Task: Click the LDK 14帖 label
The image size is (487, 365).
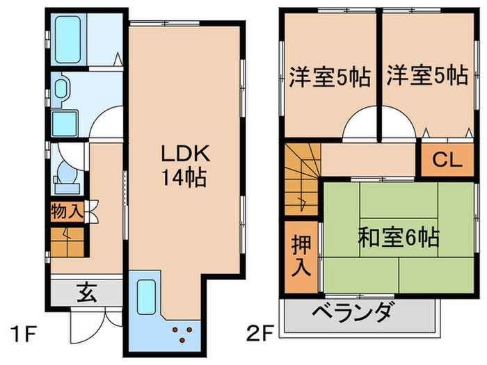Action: point(182,165)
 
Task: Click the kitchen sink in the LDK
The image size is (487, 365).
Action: point(147,295)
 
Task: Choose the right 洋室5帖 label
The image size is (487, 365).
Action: point(427,75)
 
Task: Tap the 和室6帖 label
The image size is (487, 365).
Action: point(398,238)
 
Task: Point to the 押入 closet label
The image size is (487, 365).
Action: point(301,255)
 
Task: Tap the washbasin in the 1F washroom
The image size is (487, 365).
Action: point(61,88)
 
